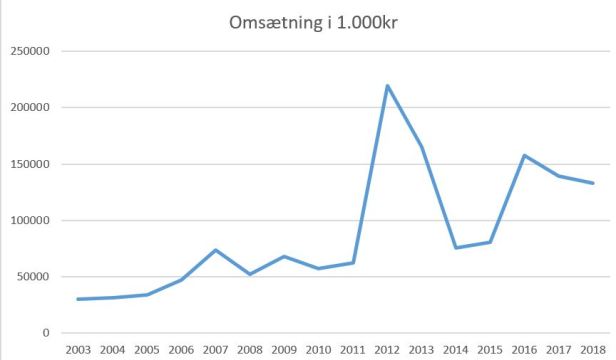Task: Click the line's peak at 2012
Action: coord(387,85)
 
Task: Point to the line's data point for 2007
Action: coord(215,250)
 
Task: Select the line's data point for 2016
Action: coord(524,155)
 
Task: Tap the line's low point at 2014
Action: coord(456,248)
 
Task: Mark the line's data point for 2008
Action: coord(250,274)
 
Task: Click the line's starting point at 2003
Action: coord(78,299)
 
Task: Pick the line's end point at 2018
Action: coord(593,183)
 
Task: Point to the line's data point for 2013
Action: coord(421,147)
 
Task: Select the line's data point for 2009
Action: coord(284,256)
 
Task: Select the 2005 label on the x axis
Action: coord(146,350)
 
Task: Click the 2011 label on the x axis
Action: coord(352,350)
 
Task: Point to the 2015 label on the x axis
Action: coord(490,350)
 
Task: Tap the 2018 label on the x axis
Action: coord(593,350)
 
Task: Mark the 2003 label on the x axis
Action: coord(78,350)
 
